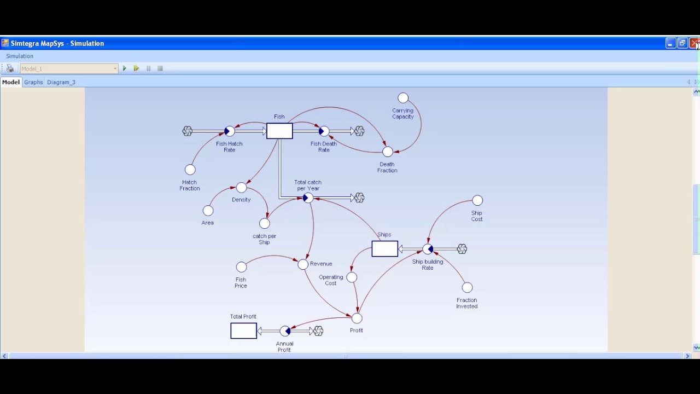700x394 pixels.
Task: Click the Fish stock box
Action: [279, 131]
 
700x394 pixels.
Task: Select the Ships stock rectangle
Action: [384, 248]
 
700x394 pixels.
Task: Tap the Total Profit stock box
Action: [244, 331]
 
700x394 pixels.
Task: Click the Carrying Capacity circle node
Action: [403, 98]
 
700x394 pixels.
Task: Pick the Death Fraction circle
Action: [388, 152]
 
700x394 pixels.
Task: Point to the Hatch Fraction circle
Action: [190, 170]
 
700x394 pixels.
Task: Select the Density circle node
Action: [241, 187]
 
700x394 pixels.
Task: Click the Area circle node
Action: [208, 211]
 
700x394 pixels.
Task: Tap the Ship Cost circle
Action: [477, 200]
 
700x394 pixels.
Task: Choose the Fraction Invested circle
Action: [467, 287]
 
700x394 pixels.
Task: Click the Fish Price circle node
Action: [241, 266]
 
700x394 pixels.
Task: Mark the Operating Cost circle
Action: [352, 277]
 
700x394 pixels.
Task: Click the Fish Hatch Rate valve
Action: [229, 131]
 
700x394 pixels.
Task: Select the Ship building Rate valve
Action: [428, 249]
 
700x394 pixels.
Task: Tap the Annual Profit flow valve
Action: [285, 331]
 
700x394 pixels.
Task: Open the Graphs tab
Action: [33, 82]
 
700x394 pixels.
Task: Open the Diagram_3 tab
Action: [61, 82]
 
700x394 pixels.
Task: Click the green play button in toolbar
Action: [125, 68]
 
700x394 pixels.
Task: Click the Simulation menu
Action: [20, 56]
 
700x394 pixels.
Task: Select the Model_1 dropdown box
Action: [69, 68]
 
